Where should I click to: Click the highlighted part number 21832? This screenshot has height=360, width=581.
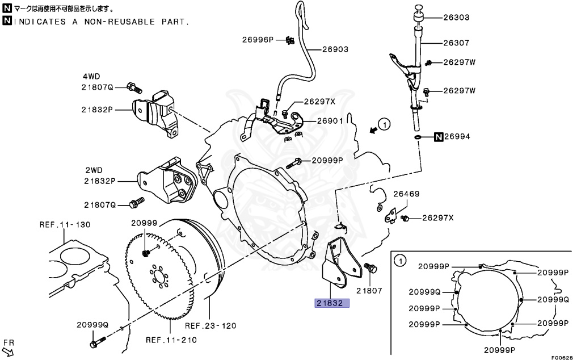(331, 303)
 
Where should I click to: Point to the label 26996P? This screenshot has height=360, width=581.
(258, 40)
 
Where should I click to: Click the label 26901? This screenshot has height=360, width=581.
(330, 121)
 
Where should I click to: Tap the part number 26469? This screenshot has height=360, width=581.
(407, 194)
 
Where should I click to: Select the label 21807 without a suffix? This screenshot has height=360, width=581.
(369, 290)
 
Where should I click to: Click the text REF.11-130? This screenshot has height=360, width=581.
(65, 225)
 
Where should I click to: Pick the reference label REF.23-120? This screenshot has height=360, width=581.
(210, 326)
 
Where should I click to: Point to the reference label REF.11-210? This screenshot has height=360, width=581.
(171, 341)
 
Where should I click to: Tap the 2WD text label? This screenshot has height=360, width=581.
(94, 170)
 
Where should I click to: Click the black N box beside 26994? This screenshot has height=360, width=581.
(439, 137)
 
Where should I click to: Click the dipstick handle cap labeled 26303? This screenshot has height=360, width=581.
(419, 8)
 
